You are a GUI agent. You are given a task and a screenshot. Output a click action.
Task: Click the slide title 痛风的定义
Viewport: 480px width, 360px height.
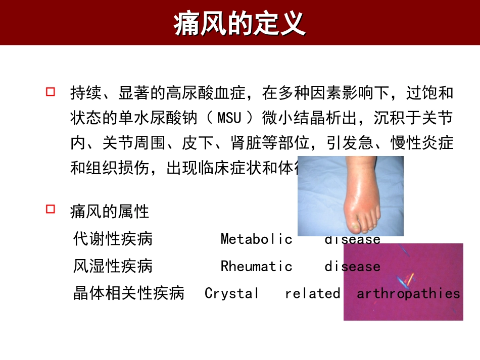coord(239,23)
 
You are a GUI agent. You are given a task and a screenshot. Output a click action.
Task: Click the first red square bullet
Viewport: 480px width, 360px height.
coord(50,92)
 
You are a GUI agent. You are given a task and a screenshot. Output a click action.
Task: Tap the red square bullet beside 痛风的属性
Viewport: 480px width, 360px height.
coord(50,209)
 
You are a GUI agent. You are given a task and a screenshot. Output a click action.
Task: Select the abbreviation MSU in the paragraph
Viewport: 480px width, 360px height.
coord(229,119)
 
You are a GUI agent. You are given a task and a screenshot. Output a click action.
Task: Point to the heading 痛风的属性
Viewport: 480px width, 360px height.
coord(110,212)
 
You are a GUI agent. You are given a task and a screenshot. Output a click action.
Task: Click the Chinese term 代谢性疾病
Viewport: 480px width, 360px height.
coord(113,239)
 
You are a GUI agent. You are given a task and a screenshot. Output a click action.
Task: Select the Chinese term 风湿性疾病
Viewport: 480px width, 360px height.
coord(113,266)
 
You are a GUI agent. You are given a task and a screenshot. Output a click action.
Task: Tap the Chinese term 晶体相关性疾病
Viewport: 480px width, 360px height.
coord(129,293)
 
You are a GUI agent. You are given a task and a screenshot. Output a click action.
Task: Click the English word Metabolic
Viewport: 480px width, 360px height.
coord(256,239)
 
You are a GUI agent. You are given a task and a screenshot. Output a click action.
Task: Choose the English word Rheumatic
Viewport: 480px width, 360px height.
coord(256,266)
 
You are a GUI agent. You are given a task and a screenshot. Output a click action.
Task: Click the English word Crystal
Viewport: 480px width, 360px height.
coord(231,293)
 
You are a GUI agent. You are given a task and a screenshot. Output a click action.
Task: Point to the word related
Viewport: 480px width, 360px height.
coord(312,293)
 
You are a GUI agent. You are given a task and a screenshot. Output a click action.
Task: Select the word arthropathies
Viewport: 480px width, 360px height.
coord(408,293)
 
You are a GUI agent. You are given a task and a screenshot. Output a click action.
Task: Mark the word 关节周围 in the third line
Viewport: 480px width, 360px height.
coord(134,143)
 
